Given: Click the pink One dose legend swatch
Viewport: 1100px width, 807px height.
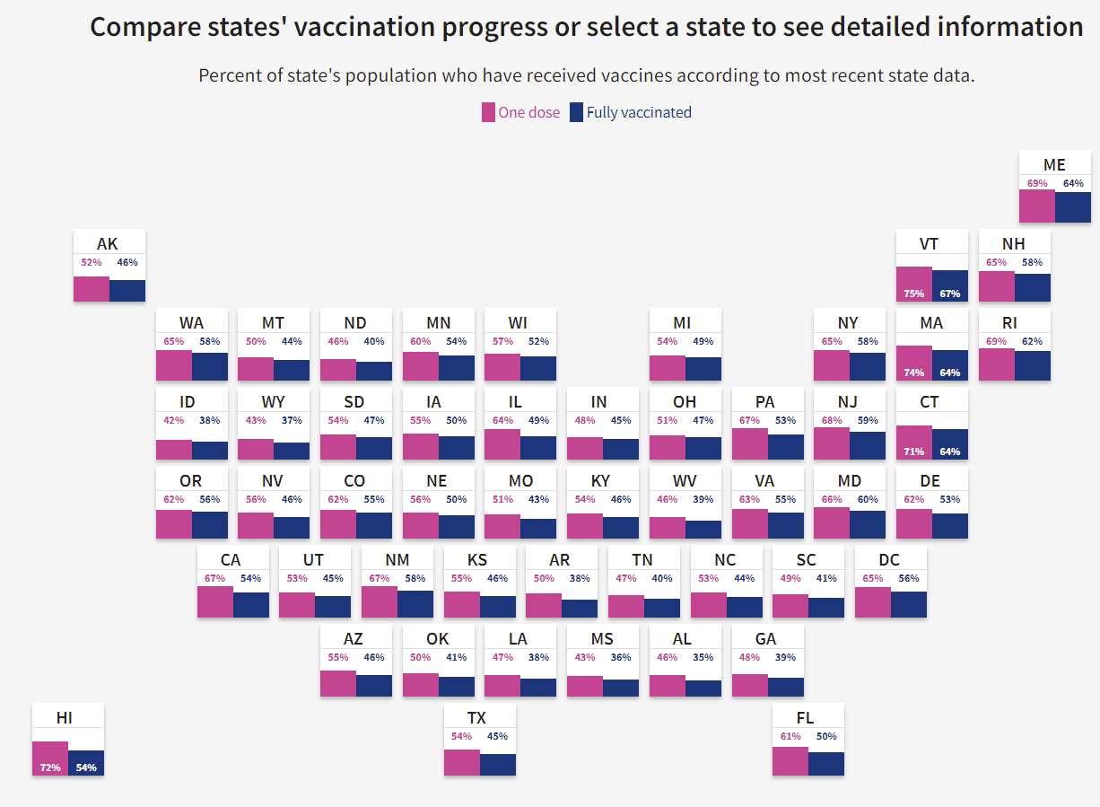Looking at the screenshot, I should [x=488, y=112].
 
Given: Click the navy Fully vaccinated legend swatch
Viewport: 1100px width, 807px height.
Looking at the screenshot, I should [x=576, y=112].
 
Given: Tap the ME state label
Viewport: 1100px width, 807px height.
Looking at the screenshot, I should [x=1054, y=165].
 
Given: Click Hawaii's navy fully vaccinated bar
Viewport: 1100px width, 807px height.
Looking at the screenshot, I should [x=86, y=762].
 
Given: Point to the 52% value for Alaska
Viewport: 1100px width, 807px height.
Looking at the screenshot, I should [x=92, y=263].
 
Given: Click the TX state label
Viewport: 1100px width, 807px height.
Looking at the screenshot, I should [x=476, y=718].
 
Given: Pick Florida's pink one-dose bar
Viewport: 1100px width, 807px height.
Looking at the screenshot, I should [x=790, y=760].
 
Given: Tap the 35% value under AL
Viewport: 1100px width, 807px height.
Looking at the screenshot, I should [x=703, y=658].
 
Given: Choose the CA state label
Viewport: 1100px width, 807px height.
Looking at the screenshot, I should [x=231, y=560].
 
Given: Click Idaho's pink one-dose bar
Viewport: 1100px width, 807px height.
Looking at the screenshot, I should [x=174, y=450].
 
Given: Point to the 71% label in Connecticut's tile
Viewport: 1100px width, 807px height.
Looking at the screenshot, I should [x=914, y=452].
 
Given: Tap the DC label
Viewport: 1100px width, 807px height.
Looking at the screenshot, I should [x=889, y=560].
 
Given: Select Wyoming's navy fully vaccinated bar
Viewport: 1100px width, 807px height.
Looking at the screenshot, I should [x=292, y=451].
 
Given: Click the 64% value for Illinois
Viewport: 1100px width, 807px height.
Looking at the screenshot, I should [x=502, y=421].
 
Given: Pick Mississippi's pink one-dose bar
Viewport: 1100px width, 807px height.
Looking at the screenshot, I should [x=585, y=686].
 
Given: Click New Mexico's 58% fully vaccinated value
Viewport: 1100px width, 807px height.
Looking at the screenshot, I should [x=415, y=579].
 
